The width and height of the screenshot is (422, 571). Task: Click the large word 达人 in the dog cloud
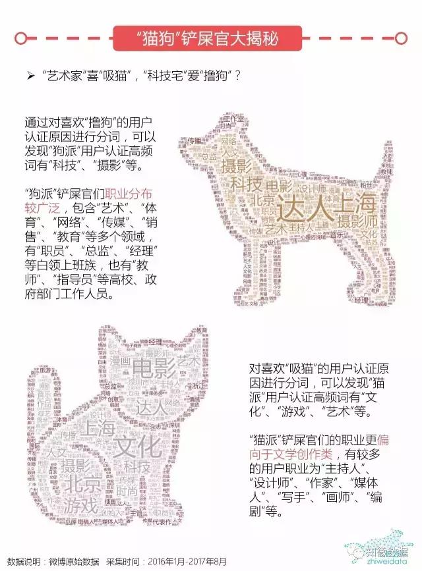pos(299,207)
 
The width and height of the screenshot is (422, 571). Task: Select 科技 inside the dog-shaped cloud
pos(246,184)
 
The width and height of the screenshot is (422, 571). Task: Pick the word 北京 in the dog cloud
pos(263,200)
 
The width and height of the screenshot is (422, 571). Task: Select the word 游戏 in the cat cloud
pos(81,506)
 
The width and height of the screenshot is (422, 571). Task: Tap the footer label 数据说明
pos(21,561)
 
